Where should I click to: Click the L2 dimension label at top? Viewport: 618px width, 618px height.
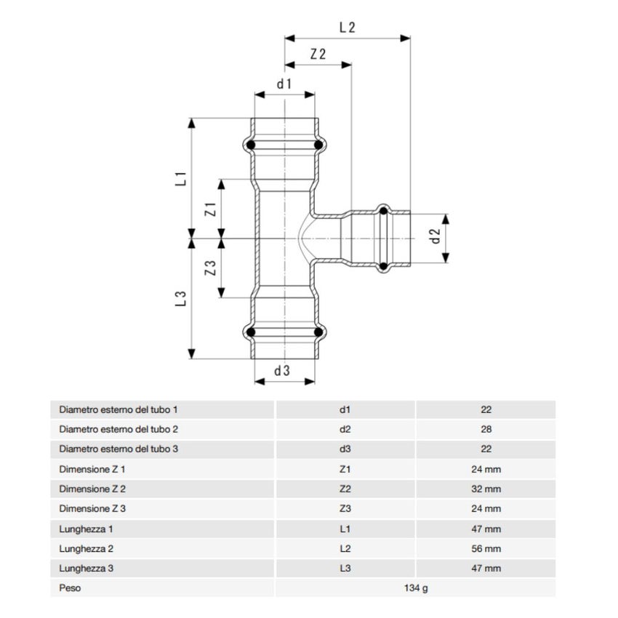(347, 28)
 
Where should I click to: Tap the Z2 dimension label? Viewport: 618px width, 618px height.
(317, 55)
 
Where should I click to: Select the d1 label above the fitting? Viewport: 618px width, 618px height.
(284, 84)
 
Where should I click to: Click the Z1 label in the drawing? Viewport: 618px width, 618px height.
(211, 210)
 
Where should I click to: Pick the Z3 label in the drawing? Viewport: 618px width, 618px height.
(211, 268)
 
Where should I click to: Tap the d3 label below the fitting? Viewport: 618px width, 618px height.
(282, 370)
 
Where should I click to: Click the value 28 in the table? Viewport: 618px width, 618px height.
(486, 430)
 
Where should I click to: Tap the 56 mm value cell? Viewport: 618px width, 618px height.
(486, 549)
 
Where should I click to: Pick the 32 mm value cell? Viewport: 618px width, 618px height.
(486, 489)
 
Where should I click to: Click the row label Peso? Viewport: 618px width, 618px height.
(70, 588)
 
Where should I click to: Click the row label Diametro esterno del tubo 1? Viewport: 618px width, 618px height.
(118, 410)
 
